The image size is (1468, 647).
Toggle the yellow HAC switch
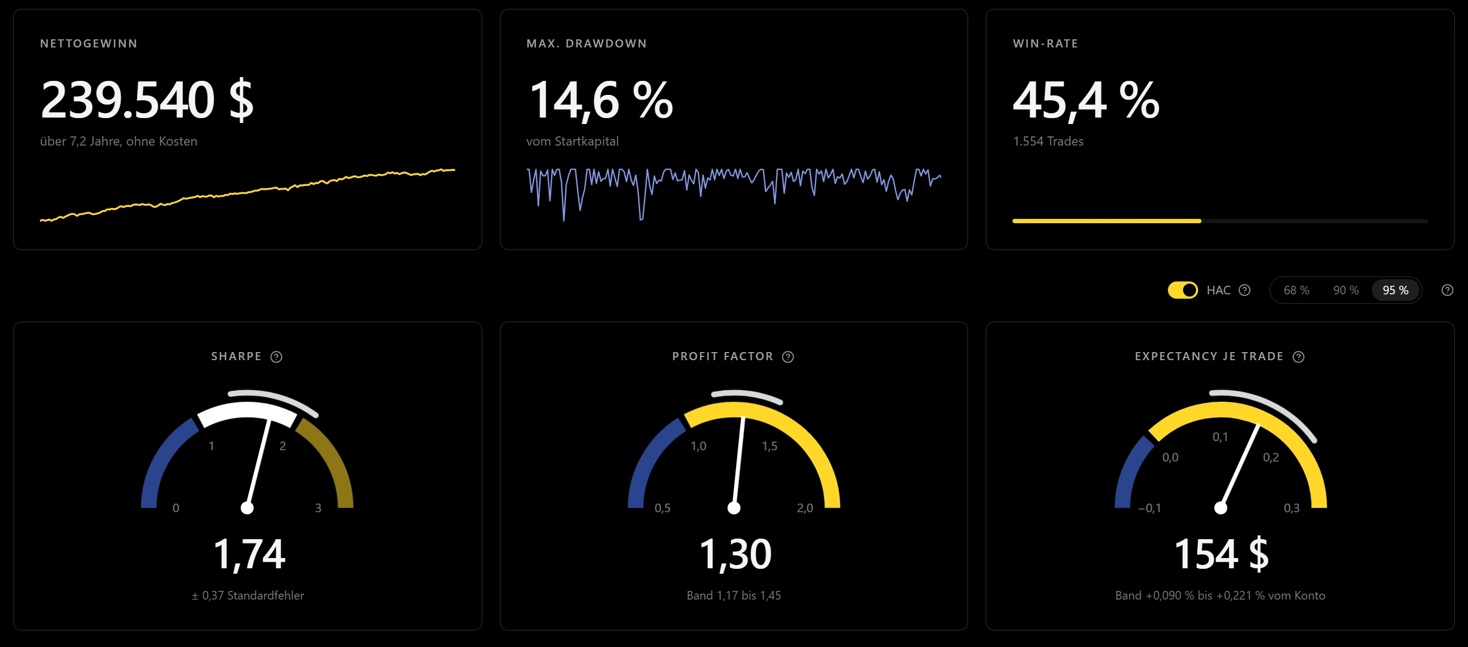coord(1182,290)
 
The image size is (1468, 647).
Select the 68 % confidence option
coord(1296,291)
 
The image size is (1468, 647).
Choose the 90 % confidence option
coord(1346,291)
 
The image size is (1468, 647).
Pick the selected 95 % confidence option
coord(1396,291)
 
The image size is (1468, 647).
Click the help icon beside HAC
coord(1245,290)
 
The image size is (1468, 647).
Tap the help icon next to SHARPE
coord(276,356)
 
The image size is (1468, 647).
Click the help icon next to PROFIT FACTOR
coord(788,356)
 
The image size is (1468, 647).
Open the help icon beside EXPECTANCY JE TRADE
coord(1299,356)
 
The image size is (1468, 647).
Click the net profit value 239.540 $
coord(147,100)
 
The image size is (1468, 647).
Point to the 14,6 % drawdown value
coord(601,100)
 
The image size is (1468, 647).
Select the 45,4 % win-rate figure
coord(1086,100)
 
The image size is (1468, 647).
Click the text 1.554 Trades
coord(1048,141)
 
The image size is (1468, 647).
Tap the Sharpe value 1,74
coord(249,554)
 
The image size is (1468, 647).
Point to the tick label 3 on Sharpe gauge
coord(318,508)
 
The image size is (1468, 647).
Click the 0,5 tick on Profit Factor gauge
coord(662,508)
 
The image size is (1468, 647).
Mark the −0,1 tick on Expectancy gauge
coord(1150,508)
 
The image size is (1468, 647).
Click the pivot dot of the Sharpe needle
coord(247,507)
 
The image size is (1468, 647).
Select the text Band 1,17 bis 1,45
coord(734,595)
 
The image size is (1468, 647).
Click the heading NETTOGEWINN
coord(89,43)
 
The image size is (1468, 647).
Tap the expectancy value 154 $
coord(1221,554)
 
